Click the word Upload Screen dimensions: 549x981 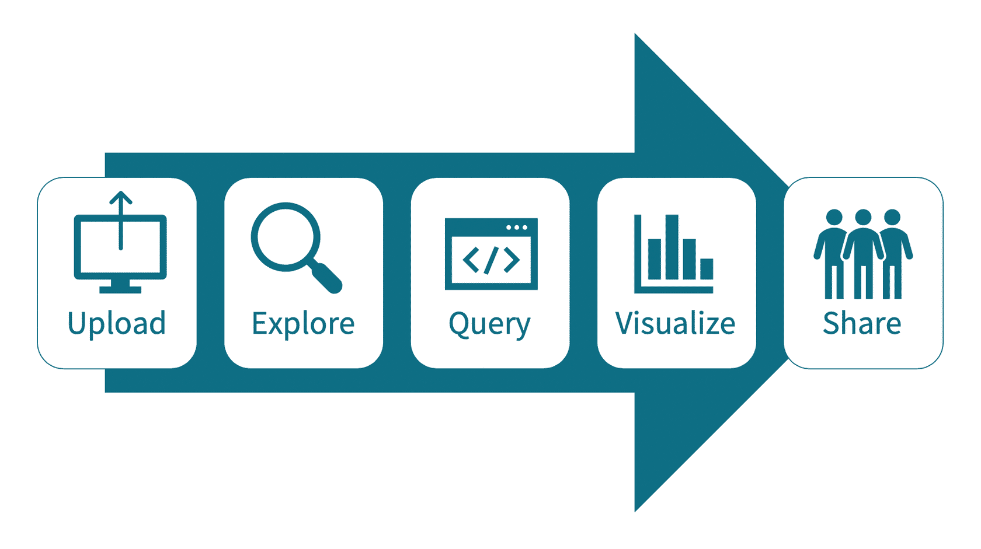click(117, 324)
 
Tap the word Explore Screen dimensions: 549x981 click(303, 324)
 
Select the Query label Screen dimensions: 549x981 click(489, 324)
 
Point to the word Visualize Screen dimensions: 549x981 click(675, 324)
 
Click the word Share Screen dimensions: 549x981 click(862, 323)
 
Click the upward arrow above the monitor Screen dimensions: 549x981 click(121, 201)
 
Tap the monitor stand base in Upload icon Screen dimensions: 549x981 click(120, 289)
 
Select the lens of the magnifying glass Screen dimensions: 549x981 click(286, 237)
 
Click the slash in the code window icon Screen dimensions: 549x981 click(491, 260)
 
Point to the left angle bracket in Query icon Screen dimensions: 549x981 click(471, 260)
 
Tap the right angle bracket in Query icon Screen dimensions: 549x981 click(512, 260)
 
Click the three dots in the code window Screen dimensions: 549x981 click(517, 228)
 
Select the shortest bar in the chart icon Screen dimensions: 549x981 click(707, 269)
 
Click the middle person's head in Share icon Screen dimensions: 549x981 click(863, 218)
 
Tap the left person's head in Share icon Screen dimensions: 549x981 click(834, 218)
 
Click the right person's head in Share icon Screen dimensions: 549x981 click(892, 218)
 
